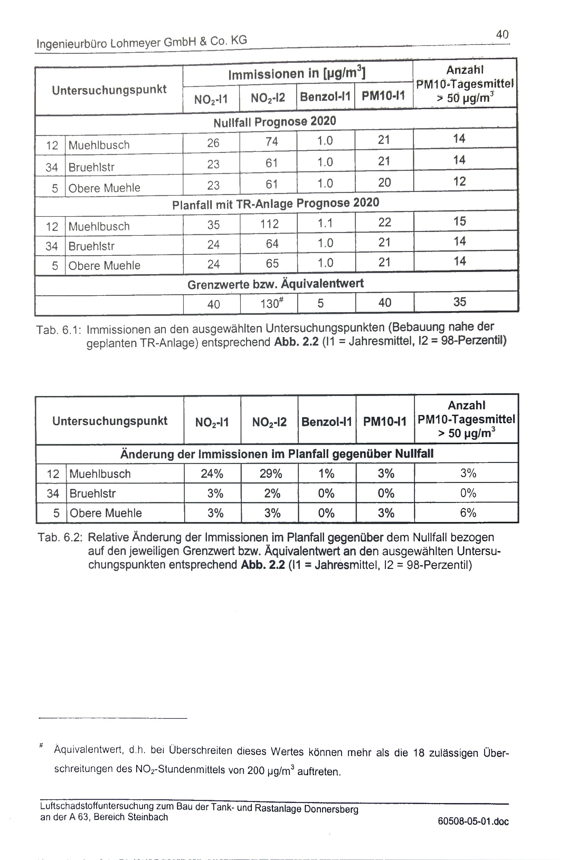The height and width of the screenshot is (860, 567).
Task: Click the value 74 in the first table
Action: (272, 141)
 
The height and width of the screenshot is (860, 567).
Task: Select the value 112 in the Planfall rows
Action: (270, 224)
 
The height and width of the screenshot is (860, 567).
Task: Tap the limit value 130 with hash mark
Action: (271, 303)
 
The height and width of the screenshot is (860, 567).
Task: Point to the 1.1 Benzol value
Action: (325, 223)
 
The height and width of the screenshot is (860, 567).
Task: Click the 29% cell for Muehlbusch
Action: (271, 473)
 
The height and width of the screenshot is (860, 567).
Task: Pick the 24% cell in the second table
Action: (212, 473)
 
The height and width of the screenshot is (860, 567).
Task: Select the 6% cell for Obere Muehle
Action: (468, 512)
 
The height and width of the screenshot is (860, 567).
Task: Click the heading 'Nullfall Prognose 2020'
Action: (274, 122)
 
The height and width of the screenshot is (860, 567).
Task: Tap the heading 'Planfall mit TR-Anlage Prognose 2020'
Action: (275, 203)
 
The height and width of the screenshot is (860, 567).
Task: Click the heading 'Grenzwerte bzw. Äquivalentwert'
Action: (275, 284)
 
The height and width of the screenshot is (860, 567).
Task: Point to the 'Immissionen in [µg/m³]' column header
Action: (297, 74)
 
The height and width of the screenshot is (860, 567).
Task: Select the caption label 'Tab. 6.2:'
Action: (60, 537)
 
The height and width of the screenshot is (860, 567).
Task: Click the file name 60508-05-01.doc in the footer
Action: (473, 821)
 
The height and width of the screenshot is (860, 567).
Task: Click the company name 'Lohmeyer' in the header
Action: (135, 43)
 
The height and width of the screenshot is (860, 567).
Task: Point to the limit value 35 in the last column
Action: (460, 302)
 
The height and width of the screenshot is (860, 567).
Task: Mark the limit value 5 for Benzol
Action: (320, 303)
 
